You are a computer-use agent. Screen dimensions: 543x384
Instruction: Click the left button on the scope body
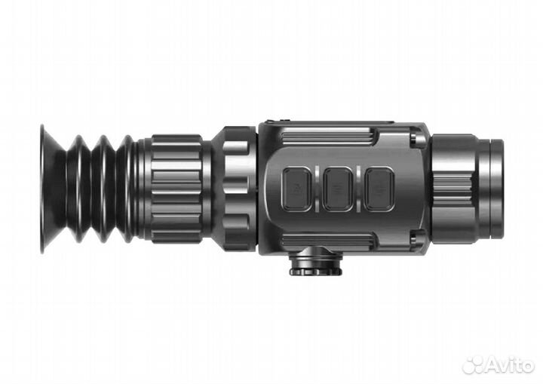pos(296,189)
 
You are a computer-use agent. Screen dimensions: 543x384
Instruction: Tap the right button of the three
pos(379,189)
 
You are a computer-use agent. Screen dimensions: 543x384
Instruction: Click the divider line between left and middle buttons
pos(317,189)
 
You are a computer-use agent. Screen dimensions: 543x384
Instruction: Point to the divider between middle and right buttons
pos(358,189)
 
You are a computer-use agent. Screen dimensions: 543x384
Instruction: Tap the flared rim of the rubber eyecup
pos(48,189)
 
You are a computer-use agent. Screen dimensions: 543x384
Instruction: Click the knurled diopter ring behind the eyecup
pos(176,189)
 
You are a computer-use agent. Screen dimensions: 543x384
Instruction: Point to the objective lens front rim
pos(496,189)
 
